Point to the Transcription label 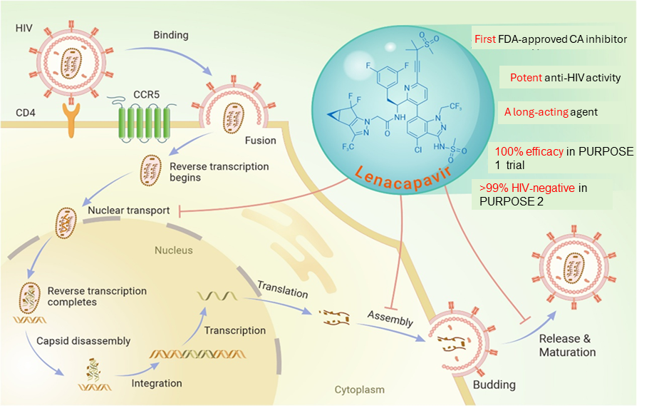point(234,330)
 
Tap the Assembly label point(390,318)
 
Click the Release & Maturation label point(567,345)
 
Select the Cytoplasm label point(359,390)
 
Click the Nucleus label point(174,250)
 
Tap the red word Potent point(526,77)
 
